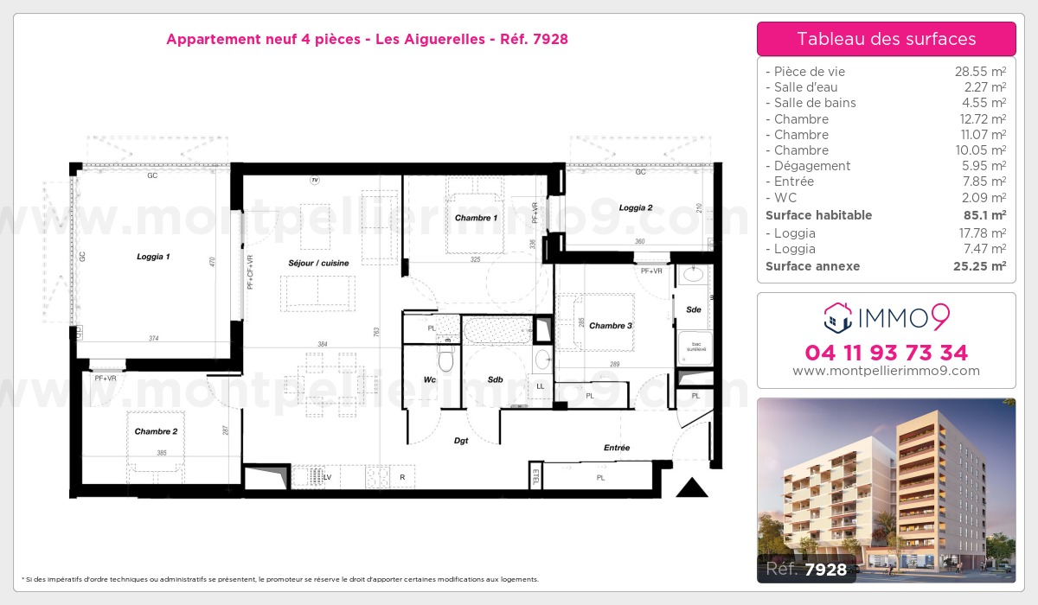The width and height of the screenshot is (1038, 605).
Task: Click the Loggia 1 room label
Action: tap(153, 257)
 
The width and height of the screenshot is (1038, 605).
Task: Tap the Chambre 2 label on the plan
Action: tap(156, 430)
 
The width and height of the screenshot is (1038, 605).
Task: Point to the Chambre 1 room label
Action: tap(476, 218)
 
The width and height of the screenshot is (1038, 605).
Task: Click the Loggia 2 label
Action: tap(636, 207)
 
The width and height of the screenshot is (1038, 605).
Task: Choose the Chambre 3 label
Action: tap(611, 326)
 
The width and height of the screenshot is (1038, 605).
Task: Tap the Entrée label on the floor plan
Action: tap(617, 448)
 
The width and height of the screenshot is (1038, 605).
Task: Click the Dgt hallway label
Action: tap(461, 441)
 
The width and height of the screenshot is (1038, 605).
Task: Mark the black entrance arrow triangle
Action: tap(692, 488)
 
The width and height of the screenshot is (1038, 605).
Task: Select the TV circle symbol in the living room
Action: tap(315, 180)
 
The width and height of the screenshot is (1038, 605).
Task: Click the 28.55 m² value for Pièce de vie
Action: tap(979, 72)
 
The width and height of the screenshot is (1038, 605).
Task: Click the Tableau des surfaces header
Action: tap(886, 39)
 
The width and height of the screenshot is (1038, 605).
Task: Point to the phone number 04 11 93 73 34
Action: tap(886, 353)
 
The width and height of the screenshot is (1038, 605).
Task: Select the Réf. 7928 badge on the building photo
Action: tap(807, 570)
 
